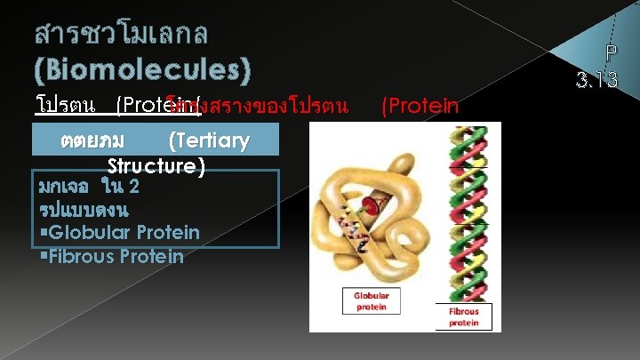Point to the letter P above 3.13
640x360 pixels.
(609, 53)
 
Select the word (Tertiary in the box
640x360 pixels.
(208, 140)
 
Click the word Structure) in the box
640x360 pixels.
(156, 165)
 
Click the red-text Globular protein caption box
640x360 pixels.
(372, 300)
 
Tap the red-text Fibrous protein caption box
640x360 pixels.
(463, 316)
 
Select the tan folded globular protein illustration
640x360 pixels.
(373, 213)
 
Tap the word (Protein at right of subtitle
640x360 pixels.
(420, 106)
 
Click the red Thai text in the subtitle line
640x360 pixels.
(267, 107)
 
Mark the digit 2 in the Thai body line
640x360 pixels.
(132, 187)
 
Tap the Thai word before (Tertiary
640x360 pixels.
(92, 140)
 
